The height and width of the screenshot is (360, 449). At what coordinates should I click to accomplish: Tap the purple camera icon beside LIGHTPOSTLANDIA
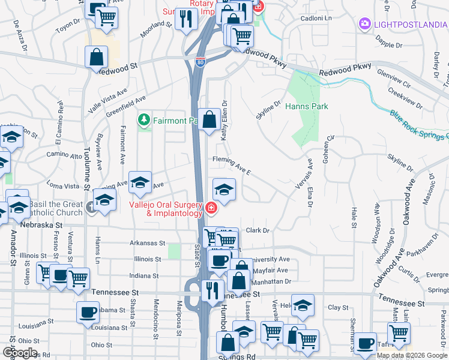pyautogui.click(x=364, y=24)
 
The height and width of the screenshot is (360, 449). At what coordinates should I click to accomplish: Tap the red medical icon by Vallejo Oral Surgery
pyautogui.click(x=210, y=208)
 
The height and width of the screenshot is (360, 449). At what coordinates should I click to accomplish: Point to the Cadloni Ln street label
pyautogui.click(x=316, y=18)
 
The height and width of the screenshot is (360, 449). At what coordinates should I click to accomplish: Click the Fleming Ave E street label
pyautogui.click(x=231, y=164)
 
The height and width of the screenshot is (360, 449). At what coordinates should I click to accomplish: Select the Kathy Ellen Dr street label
pyautogui.click(x=224, y=120)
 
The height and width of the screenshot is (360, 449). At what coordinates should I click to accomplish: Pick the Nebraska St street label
pyautogui.click(x=41, y=224)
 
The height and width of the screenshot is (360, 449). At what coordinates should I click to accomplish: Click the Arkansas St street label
pyautogui.click(x=147, y=243)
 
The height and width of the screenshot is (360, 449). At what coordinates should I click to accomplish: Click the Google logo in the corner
pyautogui.click(x=19, y=353)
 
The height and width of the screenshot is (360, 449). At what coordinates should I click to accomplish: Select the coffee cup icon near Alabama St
pyautogui.click(x=88, y=312)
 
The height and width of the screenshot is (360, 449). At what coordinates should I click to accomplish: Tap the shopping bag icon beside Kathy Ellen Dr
pyautogui.click(x=209, y=119)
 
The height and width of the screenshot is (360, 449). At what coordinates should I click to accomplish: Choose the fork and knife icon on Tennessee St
pyautogui.click(x=212, y=291)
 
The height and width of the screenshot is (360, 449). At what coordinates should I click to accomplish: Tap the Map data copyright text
pyautogui.click(x=411, y=355)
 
